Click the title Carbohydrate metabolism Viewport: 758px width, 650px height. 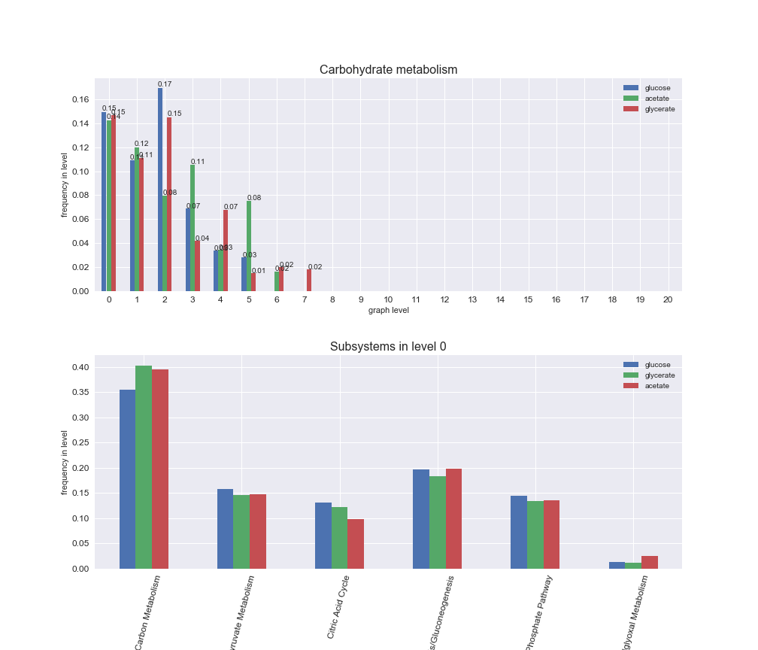click(x=388, y=70)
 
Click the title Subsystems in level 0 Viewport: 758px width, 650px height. click(x=388, y=347)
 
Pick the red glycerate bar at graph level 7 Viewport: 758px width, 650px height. click(x=308, y=280)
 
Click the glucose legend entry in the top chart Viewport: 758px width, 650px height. click(x=657, y=88)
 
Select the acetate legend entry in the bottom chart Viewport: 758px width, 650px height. click(x=656, y=386)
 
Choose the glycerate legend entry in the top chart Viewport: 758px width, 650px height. click(x=659, y=109)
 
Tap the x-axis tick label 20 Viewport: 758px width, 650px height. click(x=668, y=299)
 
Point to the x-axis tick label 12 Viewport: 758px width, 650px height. click(x=444, y=299)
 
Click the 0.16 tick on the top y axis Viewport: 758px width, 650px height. click(x=80, y=99)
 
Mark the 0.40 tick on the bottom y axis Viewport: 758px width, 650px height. click(x=80, y=367)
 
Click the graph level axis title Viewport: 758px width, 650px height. click(x=388, y=310)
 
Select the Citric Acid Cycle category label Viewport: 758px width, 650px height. click(x=338, y=607)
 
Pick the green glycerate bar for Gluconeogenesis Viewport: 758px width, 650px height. click(x=437, y=522)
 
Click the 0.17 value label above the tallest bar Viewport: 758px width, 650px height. click(x=165, y=84)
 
